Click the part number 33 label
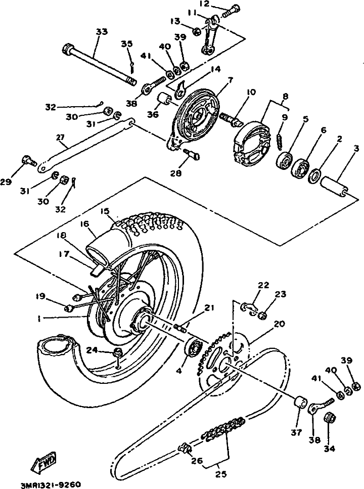tap(102, 32)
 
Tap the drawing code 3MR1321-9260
tap(51, 484)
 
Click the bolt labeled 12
tap(230, 11)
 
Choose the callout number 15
tap(105, 211)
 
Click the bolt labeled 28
tap(192, 155)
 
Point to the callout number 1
tap(39, 318)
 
